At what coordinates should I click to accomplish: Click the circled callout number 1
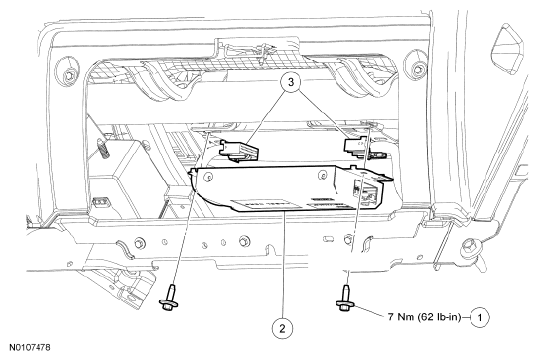479,317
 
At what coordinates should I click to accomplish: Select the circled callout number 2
282,329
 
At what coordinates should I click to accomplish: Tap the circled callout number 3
291,82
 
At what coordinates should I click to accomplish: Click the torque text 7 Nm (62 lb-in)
424,317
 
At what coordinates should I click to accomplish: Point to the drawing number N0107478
30,347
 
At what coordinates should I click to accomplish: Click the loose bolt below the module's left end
169,298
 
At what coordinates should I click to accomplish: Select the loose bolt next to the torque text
346,298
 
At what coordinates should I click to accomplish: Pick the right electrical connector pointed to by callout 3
358,146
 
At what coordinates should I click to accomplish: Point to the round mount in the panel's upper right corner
416,66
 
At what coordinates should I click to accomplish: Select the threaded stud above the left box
103,147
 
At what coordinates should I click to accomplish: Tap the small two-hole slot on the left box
101,202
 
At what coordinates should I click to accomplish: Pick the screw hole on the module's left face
207,177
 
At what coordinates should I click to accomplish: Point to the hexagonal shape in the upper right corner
509,49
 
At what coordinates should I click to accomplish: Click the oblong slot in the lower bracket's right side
329,238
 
